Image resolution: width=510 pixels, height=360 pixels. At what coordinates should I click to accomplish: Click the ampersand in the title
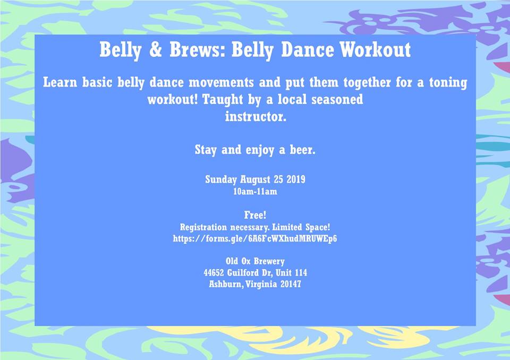156,50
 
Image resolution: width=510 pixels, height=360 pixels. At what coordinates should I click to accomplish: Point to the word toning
448,83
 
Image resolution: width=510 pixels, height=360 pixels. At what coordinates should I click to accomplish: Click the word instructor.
256,117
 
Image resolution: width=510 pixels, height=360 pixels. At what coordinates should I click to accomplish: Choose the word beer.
302,150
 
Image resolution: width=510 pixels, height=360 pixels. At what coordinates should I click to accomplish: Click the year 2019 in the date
296,179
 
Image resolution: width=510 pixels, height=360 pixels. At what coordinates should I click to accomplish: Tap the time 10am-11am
256,192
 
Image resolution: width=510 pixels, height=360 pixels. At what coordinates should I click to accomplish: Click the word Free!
256,215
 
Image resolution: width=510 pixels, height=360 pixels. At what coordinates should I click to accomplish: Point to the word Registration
203,227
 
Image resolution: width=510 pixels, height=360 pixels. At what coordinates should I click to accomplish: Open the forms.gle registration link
255,239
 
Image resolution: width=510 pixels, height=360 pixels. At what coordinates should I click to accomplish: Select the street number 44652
214,272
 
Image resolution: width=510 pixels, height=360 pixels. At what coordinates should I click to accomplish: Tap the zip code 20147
291,284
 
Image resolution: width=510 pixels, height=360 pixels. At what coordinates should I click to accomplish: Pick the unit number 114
301,272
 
